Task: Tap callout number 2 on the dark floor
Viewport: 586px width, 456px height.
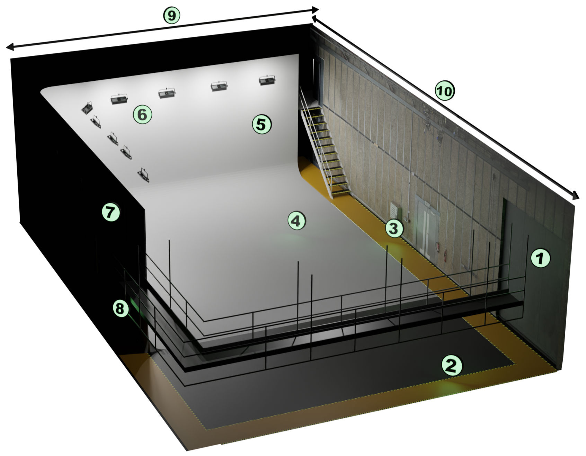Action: [452, 365]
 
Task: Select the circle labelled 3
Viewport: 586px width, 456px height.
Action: [394, 229]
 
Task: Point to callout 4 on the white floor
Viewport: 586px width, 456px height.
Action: [296, 221]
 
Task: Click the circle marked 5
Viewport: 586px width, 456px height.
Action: [262, 124]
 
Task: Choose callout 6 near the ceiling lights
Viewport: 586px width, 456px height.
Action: [142, 114]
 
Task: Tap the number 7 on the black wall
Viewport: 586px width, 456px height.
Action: [110, 212]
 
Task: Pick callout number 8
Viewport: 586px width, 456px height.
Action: [120, 308]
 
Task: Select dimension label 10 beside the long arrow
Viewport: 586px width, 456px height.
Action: [445, 91]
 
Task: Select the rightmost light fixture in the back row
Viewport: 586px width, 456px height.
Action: [267, 81]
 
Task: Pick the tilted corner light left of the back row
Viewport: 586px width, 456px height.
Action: [87, 108]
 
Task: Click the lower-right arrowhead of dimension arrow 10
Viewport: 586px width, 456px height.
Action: [575, 196]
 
